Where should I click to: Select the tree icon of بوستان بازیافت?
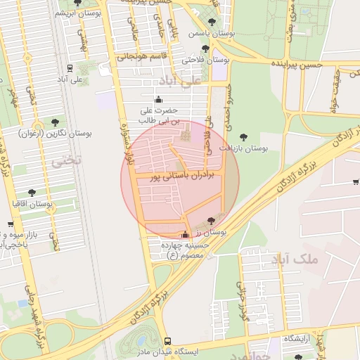point(244,137)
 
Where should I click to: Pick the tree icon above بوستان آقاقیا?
point(32,192)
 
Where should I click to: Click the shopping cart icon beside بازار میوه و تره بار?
point(10,225)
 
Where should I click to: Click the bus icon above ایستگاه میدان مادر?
point(167,340)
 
